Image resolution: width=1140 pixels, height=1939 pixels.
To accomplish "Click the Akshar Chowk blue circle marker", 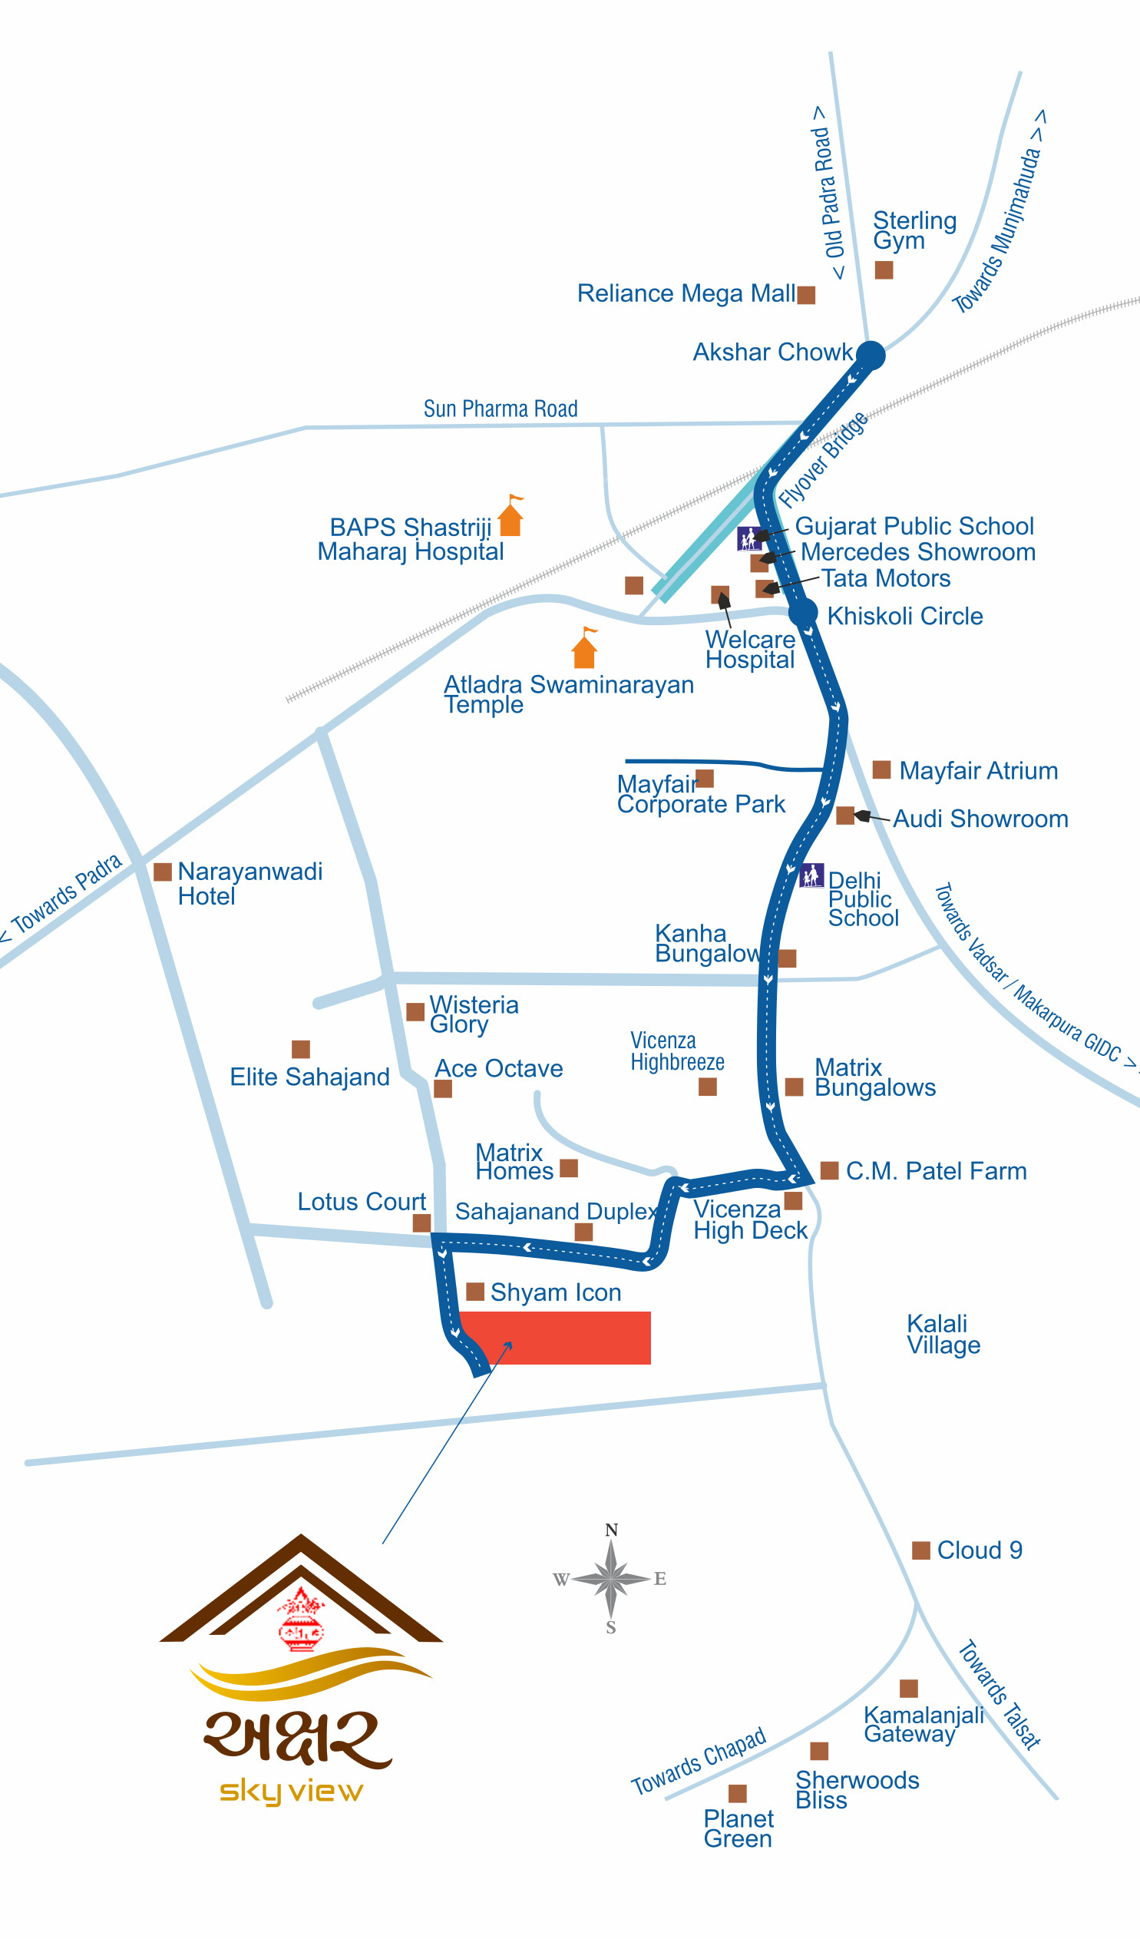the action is [871, 356].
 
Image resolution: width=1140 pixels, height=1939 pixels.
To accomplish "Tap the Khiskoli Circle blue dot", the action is [802, 613].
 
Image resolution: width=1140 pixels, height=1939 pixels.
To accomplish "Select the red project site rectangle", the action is [553, 1338].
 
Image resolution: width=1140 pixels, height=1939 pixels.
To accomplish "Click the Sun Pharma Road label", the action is [501, 409].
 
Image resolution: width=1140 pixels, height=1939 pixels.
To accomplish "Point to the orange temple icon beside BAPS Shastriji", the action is [511, 515].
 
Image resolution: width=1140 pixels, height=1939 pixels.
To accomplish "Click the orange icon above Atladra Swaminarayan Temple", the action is [586, 647].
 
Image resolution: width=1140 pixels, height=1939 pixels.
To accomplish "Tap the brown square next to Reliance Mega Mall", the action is [806, 295].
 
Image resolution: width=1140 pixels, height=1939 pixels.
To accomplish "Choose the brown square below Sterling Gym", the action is [884, 270].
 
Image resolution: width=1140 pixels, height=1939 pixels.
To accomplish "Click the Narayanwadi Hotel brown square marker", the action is [162, 872].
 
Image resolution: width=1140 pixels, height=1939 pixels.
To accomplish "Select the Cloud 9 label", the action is [980, 1550].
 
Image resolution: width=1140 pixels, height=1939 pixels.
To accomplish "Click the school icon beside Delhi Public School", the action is [811, 875].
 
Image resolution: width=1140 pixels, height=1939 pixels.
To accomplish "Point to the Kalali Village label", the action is [943, 1334].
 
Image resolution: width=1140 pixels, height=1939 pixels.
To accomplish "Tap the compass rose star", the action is [611, 1579].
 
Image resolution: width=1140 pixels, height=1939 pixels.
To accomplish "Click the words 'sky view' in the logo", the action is [291, 1792].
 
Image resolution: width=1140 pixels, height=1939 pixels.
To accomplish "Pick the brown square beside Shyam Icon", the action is [475, 1291].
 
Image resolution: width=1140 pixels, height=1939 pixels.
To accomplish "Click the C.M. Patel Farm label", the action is [936, 1171].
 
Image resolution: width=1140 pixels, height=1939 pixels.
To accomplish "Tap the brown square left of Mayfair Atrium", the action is [881, 769].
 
